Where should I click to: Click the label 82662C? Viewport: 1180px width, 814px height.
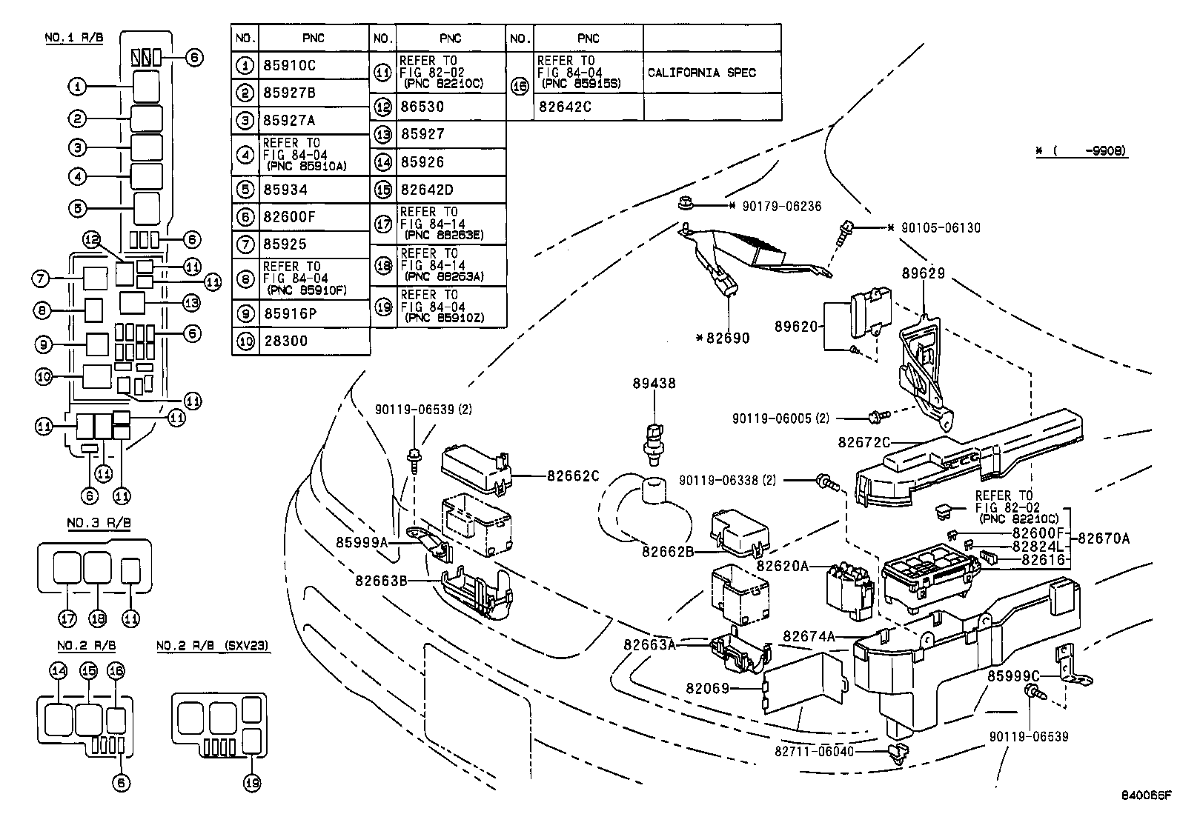coord(573,476)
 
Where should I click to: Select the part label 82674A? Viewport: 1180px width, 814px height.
coord(809,635)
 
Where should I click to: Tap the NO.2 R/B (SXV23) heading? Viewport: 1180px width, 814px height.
coord(213,646)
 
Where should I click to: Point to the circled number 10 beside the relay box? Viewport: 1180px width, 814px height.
coord(44,378)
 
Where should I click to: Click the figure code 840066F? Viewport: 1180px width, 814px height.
coord(1146,796)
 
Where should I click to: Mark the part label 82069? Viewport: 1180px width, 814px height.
coord(708,689)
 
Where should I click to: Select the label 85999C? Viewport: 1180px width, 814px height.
coord(1013,676)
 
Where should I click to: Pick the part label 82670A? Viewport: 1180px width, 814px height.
coord(1104,539)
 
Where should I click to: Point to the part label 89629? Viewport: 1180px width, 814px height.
coord(923,273)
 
